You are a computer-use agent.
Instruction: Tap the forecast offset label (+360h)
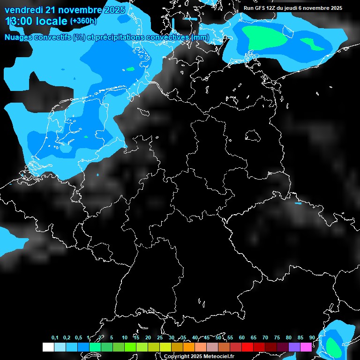pos(83,21)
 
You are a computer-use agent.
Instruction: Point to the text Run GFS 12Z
pos(260,8)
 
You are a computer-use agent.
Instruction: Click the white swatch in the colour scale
pos(48,347)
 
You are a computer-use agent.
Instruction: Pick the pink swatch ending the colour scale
pos(306,347)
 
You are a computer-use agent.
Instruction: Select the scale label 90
pos(312,338)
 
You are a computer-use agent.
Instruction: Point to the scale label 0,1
pos(55,338)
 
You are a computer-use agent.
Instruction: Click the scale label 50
pos(218,338)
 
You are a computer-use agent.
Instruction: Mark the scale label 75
pos(277,338)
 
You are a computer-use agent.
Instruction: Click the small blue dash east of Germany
pos(298,203)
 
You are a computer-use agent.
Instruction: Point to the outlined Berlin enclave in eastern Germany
pos(253,135)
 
